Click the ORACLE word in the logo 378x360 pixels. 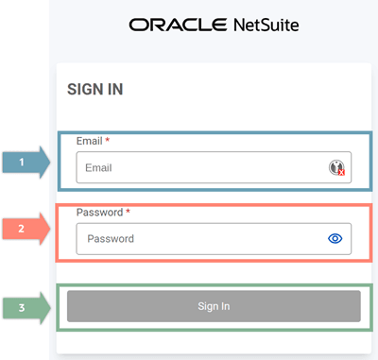tap(178, 25)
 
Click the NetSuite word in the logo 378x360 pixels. tap(266, 25)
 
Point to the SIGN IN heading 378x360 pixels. tap(95, 89)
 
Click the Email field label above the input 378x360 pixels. tap(89, 141)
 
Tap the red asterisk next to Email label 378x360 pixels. tap(108, 140)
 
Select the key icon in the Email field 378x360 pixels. tap(336, 167)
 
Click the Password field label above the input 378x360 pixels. tap(99, 213)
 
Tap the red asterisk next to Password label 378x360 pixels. tap(128, 211)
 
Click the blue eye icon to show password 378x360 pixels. tap(335, 239)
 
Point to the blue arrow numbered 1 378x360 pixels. tap(26, 163)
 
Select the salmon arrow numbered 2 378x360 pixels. tap(26, 229)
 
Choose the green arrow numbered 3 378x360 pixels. tap(26, 308)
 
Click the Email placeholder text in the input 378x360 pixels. tap(98, 167)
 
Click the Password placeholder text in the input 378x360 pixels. tap(111, 239)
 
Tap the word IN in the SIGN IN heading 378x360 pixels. tap(115, 89)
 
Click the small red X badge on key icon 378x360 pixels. tap(342, 172)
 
